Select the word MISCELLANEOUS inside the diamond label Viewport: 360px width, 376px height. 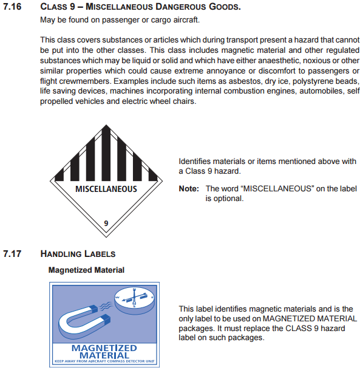click(106, 189)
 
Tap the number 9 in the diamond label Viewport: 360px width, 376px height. click(106, 223)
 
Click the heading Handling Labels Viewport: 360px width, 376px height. click(78, 253)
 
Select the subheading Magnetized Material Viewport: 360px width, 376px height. click(86, 270)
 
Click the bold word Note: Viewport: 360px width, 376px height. click(189, 189)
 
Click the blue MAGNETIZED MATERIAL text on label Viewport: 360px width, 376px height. click(104, 351)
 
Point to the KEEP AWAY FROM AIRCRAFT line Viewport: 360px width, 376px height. click(104, 361)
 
